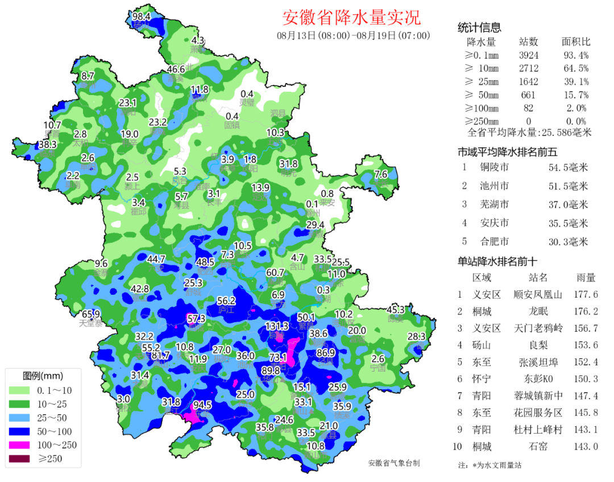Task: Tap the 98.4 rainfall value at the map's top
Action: (141, 17)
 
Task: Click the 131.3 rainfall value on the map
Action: (277, 326)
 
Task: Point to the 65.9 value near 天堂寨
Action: (91, 314)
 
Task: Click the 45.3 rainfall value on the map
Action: (396, 310)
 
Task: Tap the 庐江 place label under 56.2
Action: (226, 310)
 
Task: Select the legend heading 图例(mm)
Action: (43, 376)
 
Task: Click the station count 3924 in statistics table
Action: (528, 55)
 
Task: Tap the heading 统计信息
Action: (479, 28)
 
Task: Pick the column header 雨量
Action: (586, 278)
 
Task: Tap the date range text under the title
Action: (353, 35)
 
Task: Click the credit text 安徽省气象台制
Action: (394, 463)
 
